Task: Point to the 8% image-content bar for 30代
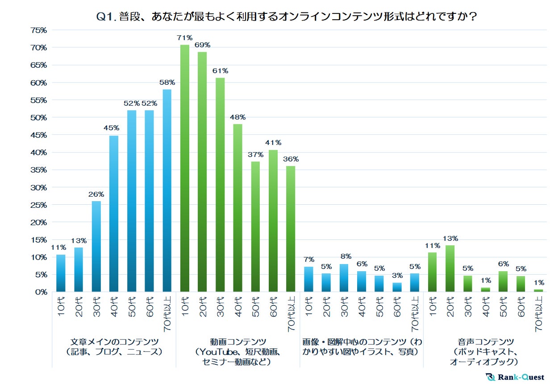tap(344, 278)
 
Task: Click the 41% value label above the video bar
tap(273, 143)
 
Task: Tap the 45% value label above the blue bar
tap(114, 128)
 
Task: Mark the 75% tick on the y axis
tap(38, 30)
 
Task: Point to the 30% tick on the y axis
tap(38, 188)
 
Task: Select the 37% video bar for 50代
tap(255, 227)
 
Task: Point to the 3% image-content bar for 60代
tap(397, 287)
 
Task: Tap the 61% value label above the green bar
tap(220, 71)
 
